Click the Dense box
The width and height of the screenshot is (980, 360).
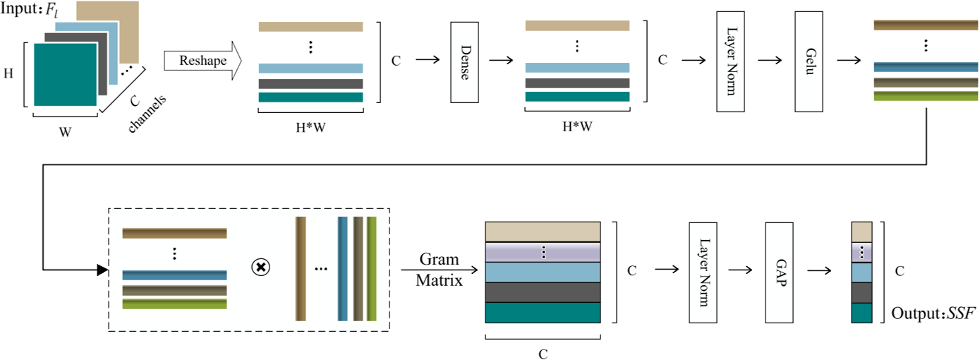point(465,61)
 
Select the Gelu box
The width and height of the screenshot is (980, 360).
point(809,61)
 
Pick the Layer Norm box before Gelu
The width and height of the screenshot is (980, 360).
point(730,61)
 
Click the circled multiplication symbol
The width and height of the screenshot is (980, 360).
point(261,268)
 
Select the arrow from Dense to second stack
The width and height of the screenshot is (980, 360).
point(500,60)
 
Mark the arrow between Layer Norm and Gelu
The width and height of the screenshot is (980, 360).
point(769,60)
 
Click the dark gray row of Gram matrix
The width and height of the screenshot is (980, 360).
point(543,292)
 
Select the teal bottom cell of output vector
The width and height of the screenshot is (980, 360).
point(862,313)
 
